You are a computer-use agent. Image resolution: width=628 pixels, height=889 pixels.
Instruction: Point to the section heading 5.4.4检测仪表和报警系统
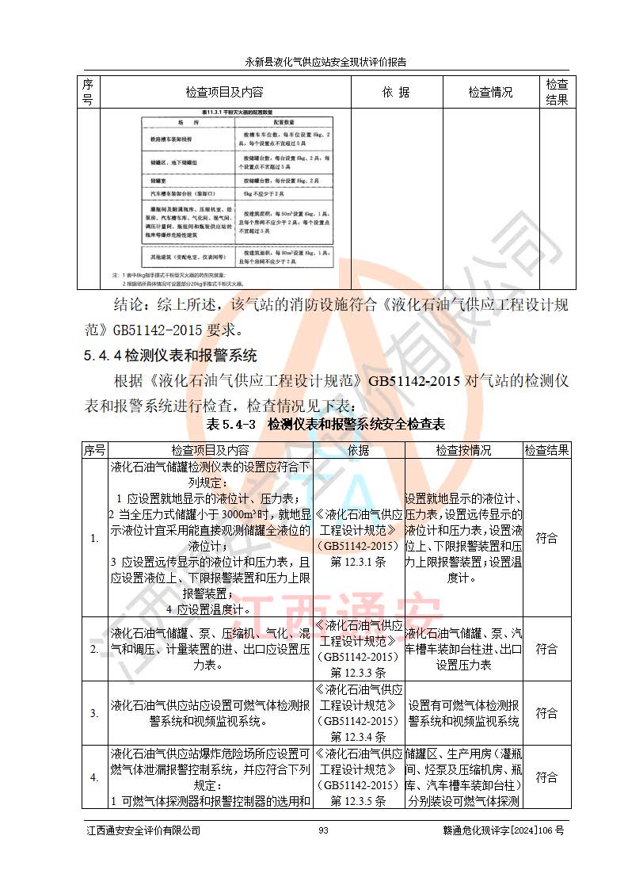170,356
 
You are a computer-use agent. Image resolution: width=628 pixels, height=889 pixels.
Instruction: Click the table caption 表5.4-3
232,424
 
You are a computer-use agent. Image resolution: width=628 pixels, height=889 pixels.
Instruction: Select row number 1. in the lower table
95,538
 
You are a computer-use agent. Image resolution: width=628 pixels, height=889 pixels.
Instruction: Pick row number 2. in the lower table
95,649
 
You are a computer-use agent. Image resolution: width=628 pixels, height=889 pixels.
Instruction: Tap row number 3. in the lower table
95,713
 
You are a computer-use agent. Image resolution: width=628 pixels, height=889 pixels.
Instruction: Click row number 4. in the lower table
95,777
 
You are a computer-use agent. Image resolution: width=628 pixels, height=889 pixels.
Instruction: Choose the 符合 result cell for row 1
546,538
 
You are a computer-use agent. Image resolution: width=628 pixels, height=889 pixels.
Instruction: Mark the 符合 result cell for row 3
546,713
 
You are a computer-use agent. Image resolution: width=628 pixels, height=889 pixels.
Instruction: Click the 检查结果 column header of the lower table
546,450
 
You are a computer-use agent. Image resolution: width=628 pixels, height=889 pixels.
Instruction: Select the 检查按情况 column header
463,450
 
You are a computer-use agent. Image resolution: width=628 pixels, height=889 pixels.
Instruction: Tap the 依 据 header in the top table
396,92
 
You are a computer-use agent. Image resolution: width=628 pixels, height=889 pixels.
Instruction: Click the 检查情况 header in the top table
490,92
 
